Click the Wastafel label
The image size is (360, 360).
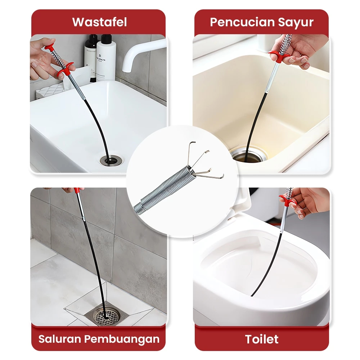click(x=99, y=22)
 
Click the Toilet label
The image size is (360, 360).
click(x=262, y=339)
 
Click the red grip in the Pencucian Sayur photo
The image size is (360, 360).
click(x=279, y=56)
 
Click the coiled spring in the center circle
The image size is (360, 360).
click(x=162, y=191)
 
